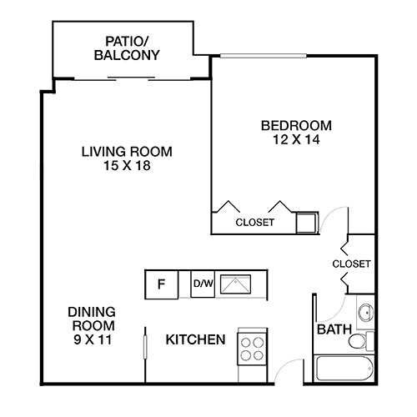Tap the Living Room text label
click(127, 152)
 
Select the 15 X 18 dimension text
click(127, 166)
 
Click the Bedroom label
click(296, 126)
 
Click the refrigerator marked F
click(162, 284)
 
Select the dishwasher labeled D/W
click(203, 284)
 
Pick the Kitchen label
click(196, 340)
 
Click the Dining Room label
click(91, 319)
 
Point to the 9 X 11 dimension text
click(91, 339)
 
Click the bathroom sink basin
click(364, 314)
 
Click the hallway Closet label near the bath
click(350, 264)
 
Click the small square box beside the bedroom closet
click(307, 222)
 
